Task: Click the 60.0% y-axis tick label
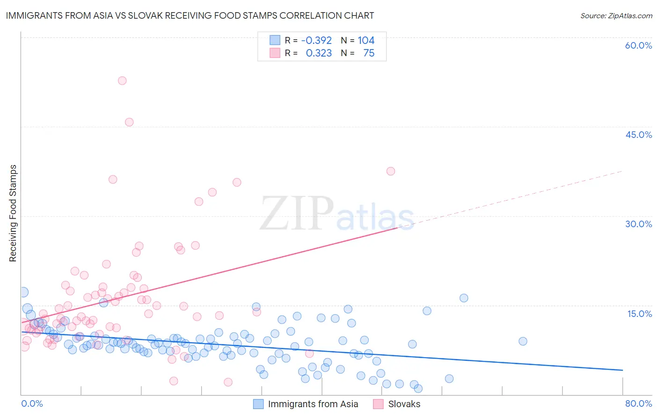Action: point(638,45)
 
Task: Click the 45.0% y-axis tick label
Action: point(638,135)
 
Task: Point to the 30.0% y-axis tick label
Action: point(638,224)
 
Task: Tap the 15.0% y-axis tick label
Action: point(639,314)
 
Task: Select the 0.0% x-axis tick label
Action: point(32,403)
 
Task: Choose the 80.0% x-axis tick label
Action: point(638,403)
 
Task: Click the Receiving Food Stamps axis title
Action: point(13,213)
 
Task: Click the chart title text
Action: point(190,15)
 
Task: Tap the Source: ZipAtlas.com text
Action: point(616,15)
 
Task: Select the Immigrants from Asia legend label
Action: point(313,404)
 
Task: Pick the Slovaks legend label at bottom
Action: point(404,404)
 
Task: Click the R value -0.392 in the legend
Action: point(316,40)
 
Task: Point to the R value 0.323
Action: point(319,53)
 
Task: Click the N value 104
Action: point(366,40)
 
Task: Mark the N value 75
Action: point(369,53)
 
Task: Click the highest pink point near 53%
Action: point(122,80)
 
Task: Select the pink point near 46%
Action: point(129,122)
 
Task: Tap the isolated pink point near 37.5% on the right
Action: point(391,171)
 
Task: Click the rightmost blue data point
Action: point(523,341)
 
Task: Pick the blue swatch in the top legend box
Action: point(275,40)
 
